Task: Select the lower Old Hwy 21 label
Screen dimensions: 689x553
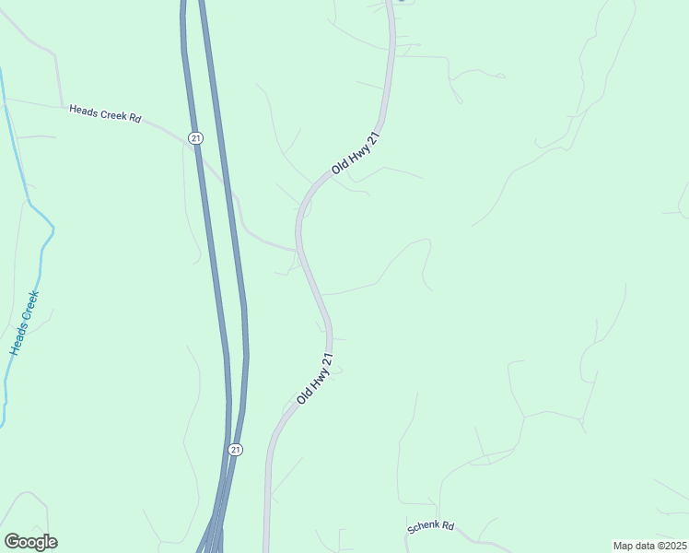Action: coord(315,379)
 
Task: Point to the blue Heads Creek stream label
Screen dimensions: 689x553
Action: coord(25,324)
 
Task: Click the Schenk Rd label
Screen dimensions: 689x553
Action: coord(431,527)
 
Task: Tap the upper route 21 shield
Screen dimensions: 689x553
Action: coord(194,137)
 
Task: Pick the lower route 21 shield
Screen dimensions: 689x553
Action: coord(236,449)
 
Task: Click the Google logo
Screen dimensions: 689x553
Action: coord(30,541)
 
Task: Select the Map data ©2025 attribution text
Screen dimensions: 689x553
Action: coord(649,546)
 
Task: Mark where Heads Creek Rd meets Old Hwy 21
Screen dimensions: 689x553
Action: coord(298,249)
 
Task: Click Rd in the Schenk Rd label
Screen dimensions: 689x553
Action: coord(448,525)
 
